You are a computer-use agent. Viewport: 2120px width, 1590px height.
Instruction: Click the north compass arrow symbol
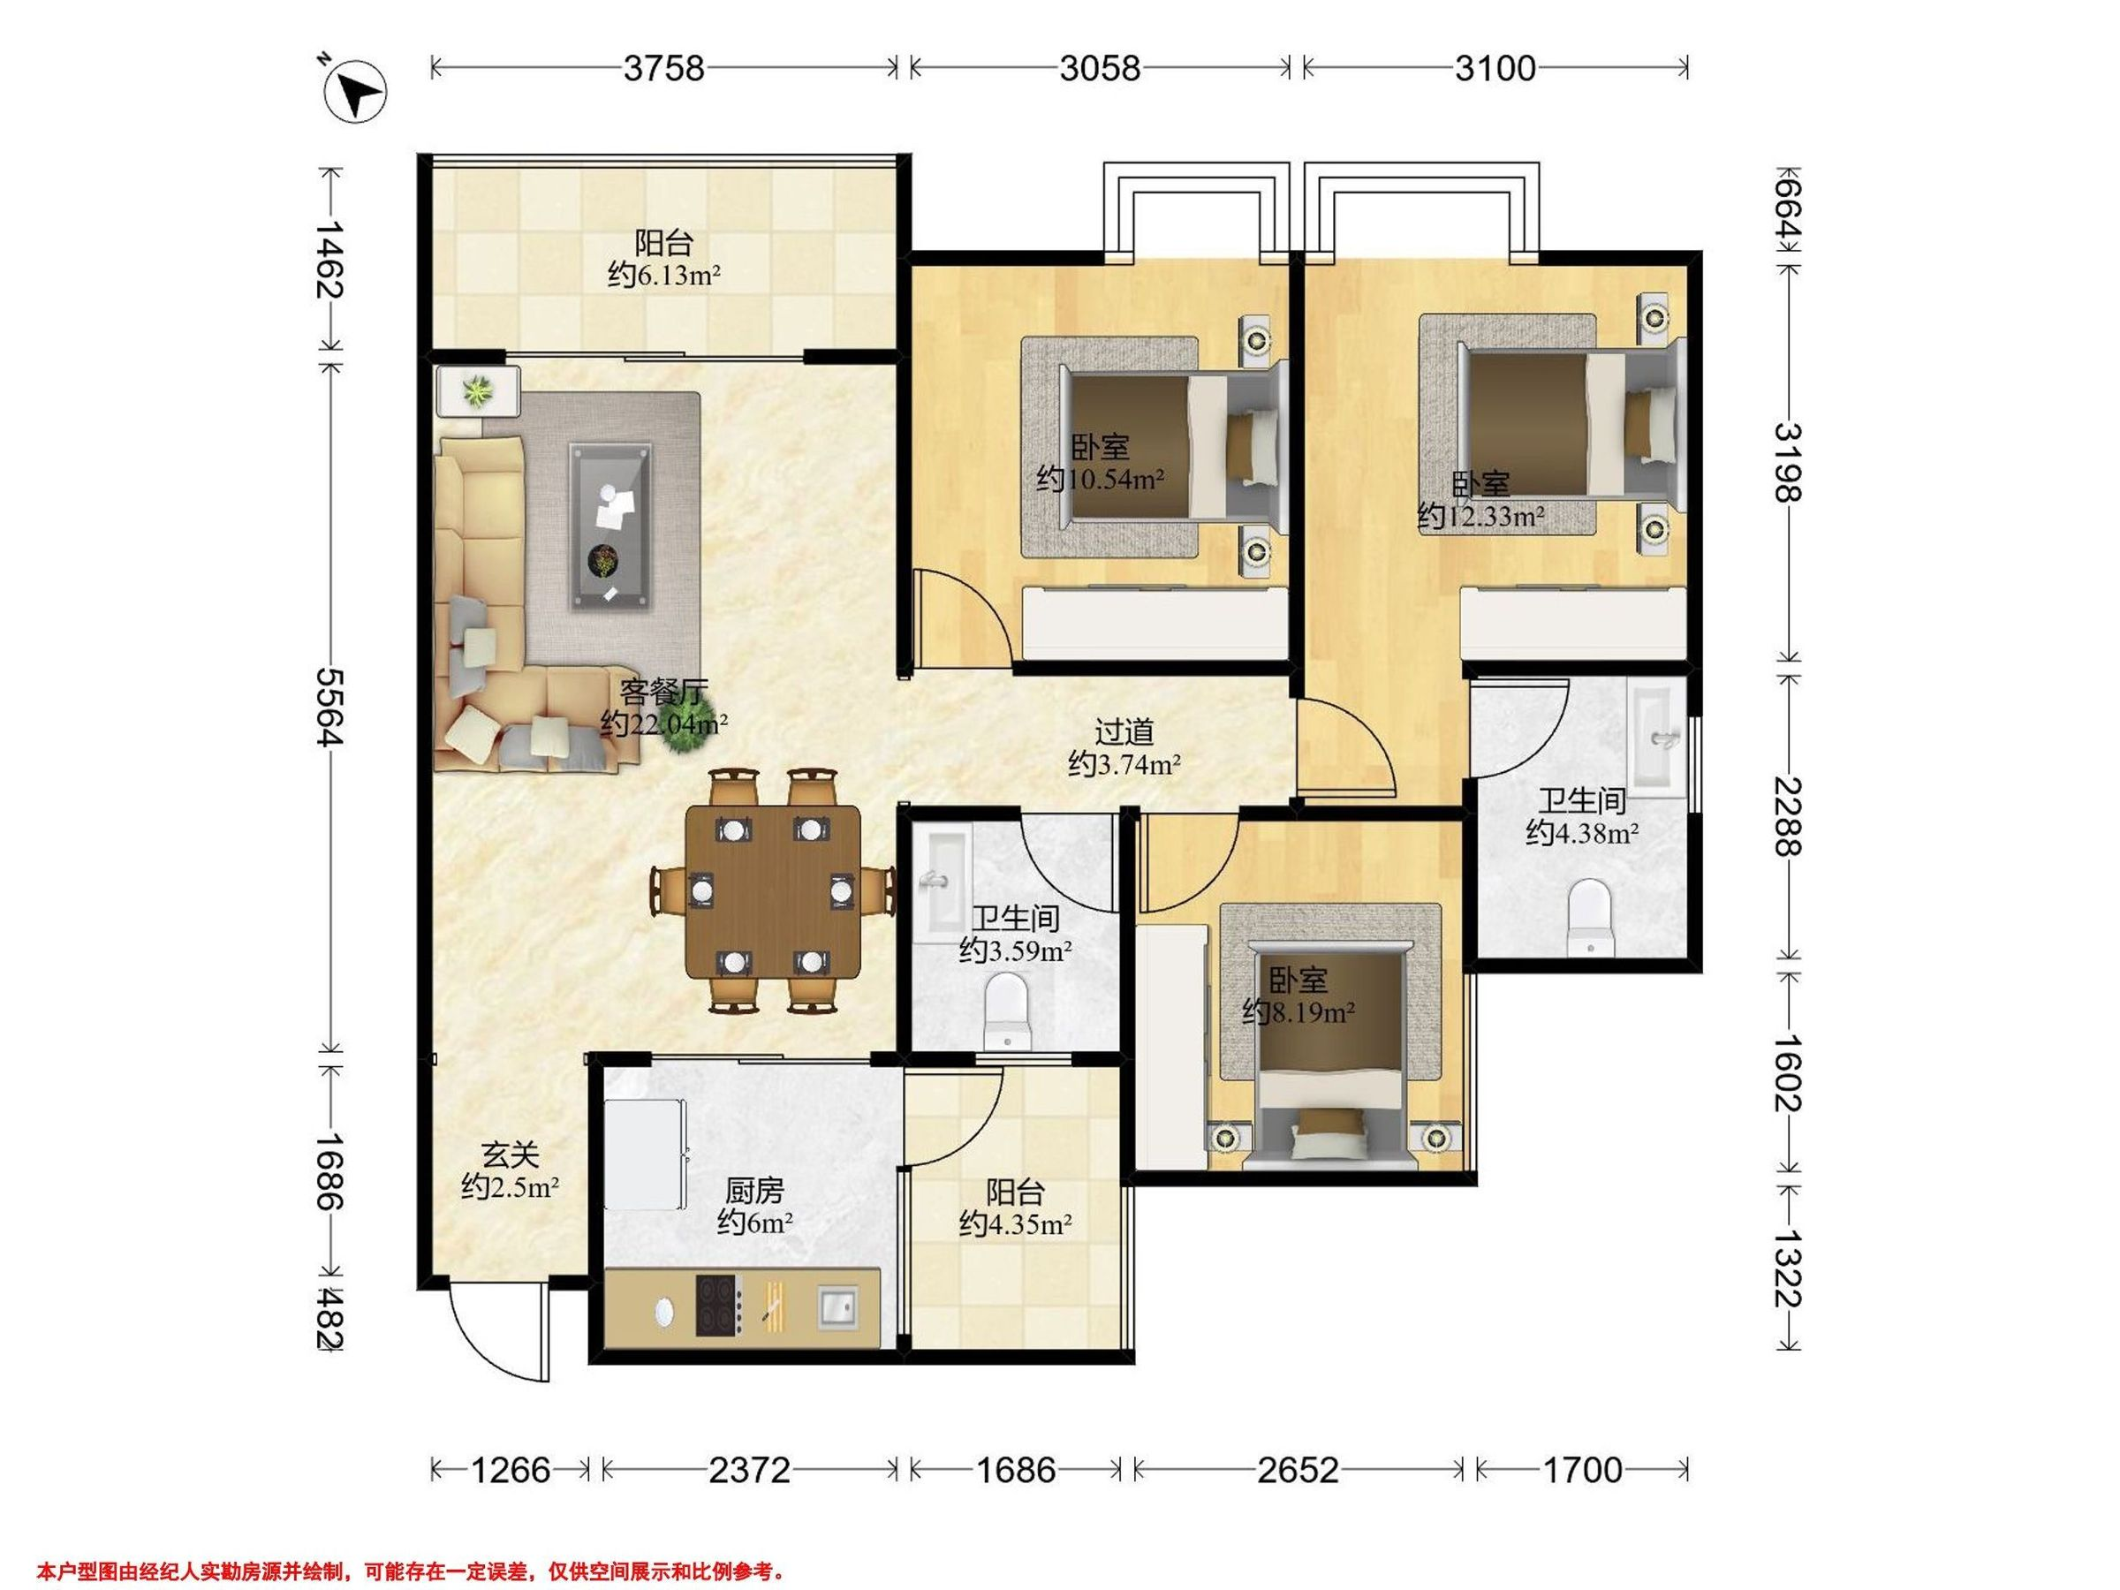tap(356, 94)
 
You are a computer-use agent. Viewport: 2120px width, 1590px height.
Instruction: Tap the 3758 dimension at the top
tap(663, 68)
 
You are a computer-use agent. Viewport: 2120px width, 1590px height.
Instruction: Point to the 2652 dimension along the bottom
tap(1298, 1469)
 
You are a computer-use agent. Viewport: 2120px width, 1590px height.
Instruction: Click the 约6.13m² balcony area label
tap(664, 276)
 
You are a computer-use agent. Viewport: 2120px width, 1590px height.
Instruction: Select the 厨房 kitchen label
tap(754, 1192)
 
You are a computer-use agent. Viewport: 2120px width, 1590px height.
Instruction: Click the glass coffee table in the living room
tap(610, 526)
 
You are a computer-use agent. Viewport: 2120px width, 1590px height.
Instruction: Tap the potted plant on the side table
tap(477, 391)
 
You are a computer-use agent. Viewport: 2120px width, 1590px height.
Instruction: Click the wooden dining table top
tap(773, 891)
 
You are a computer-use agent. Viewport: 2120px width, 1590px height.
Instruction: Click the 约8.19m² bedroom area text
tap(1298, 1012)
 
